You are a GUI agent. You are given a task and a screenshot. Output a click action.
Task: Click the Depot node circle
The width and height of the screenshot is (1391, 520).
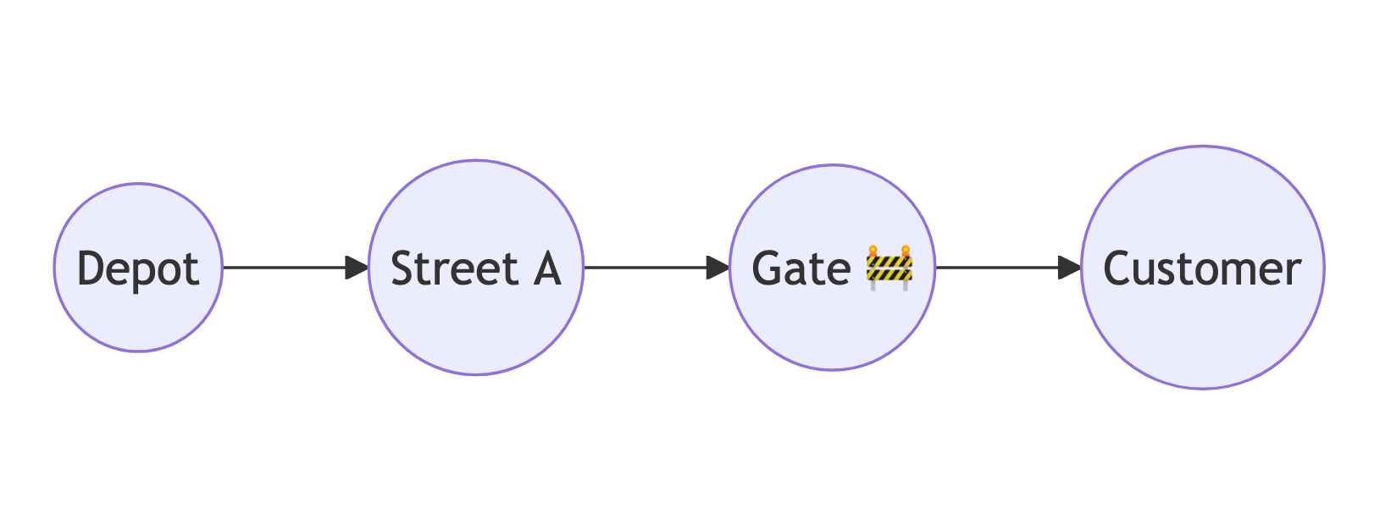[x=138, y=268]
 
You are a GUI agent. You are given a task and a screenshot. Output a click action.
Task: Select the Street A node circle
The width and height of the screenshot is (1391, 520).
[x=476, y=268]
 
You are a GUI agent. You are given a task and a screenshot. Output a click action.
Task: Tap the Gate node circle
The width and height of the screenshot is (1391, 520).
[x=832, y=268]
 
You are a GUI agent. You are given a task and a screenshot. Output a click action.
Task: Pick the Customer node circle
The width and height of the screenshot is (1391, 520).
[x=1203, y=268]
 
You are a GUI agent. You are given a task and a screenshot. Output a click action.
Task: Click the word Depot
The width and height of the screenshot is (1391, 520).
[x=138, y=269]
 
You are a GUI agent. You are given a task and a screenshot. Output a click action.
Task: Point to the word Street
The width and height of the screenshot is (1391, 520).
[x=455, y=268]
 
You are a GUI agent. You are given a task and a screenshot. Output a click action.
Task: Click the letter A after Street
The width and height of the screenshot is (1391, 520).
[x=548, y=268]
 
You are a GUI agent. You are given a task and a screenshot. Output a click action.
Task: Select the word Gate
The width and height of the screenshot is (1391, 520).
[x=801, y=268]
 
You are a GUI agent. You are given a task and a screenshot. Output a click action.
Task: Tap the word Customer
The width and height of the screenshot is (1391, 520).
[x=1202, y=268]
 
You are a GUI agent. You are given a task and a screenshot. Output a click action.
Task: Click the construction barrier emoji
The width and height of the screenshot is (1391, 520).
[x=889, y=268]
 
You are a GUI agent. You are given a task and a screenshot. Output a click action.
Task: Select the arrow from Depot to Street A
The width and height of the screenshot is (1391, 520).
[x=296, y=268]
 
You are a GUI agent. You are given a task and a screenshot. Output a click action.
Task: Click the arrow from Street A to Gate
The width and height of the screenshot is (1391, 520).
[x=657, y=268]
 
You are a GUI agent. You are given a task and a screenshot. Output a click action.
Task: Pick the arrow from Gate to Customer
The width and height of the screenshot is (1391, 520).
[x=1008, y=268]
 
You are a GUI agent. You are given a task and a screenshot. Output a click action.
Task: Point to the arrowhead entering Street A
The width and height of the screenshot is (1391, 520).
[x=357, y=268]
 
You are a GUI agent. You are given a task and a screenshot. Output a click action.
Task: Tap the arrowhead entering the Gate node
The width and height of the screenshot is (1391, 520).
[x=718, y=268]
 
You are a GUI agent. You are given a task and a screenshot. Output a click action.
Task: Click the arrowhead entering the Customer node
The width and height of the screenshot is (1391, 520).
[x=1070, y=268]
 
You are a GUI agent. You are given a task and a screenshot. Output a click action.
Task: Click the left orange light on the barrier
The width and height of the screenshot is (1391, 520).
[x=873, y=250]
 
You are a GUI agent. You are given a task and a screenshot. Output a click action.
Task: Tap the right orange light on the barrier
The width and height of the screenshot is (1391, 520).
[x=906, y=250]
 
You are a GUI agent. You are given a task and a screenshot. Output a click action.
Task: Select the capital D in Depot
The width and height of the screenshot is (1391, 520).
[x=91, y=268]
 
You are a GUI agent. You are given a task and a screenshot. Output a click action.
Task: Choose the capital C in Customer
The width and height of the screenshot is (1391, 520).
[x=1117, y=268]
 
